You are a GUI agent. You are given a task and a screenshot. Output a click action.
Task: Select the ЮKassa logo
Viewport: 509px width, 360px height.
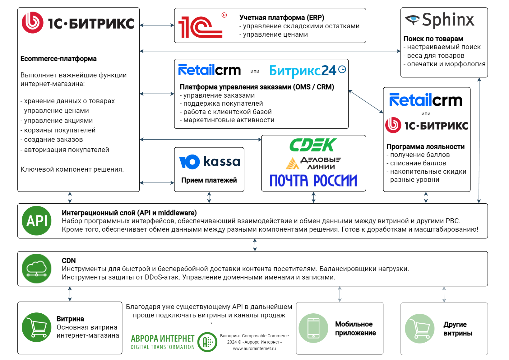click(x=209, y=162)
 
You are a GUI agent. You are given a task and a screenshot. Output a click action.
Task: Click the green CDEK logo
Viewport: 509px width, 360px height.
click(x=313, y=145)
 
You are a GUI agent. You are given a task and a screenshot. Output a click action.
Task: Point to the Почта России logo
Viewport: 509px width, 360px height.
click(x=313, y=181)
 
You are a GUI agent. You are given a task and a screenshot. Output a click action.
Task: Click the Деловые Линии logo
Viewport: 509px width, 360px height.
click(x=313, y=163)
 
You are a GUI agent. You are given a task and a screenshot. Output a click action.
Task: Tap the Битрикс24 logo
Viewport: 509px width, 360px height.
click(x=308, y=71)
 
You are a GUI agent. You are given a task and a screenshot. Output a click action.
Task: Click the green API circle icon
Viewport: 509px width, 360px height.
click(x=37, y=220)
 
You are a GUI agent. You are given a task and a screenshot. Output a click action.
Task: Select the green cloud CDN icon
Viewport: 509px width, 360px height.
click(x=37, y=269)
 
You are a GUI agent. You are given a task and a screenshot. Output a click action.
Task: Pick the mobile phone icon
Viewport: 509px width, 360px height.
click(x=313, y=328)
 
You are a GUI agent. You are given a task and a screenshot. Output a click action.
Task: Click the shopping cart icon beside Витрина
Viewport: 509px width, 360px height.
click(x=37, y=327)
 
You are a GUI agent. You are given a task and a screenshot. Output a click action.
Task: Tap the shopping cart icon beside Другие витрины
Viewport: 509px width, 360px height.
click(x=420, y=328)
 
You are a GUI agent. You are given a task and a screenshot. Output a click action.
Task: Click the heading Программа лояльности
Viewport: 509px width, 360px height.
click(x=425, y=147)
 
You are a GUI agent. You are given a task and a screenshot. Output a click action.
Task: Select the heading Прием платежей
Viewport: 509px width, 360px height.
click(x=209, y=180)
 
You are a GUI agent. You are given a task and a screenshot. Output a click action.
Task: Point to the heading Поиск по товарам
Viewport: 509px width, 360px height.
click(x=433, y=39)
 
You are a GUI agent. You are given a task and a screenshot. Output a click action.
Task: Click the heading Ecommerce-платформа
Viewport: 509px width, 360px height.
click(x=58, y=58)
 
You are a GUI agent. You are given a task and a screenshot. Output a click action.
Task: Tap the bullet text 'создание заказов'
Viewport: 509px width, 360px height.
click(x=53, y=140)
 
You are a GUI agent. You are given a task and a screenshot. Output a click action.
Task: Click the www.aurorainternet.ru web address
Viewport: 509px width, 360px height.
click(x=254, y=348)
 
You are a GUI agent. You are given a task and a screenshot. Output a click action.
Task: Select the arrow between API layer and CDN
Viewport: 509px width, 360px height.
click(x=255, y=245)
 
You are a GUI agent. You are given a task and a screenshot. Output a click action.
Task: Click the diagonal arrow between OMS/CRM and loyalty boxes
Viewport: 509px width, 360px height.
click(x=366, y=101)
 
